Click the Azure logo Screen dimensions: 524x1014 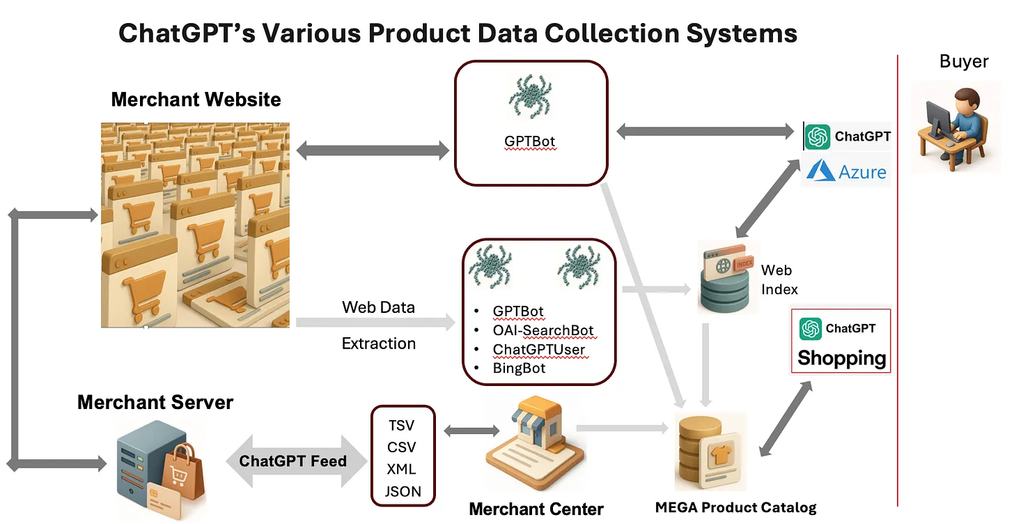(x=847, y=171)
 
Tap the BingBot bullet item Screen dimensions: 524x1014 (x=519, y=367)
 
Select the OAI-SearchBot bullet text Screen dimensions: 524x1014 (x=543, y=330)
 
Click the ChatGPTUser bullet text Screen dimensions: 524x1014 (x=538, y=348)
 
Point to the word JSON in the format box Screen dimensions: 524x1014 (x=403, y=491)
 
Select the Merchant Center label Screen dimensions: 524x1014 (x=536, y=509)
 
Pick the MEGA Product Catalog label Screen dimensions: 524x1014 (x=735, y=507)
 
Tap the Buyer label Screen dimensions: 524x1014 (x=964, y=61)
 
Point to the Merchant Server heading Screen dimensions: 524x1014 (x=155, y=402)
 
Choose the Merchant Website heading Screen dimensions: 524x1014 (x=196, y=99)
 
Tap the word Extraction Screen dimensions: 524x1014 (x=379, y=344)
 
